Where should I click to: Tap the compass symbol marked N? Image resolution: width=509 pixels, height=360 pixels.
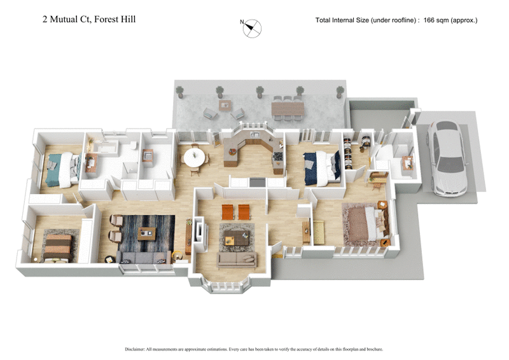click(x=252, y=27)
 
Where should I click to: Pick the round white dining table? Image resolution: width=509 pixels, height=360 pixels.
click(x=195, y=157)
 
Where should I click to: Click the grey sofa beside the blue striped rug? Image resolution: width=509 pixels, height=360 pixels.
click(x=143, y=257)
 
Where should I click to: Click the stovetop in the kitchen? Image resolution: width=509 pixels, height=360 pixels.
click(x=257, y=181)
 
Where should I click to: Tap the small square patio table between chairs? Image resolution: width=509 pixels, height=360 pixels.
click(x=224, y=104)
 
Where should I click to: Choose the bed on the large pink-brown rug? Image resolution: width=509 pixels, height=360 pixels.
click(x=370, y=223)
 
